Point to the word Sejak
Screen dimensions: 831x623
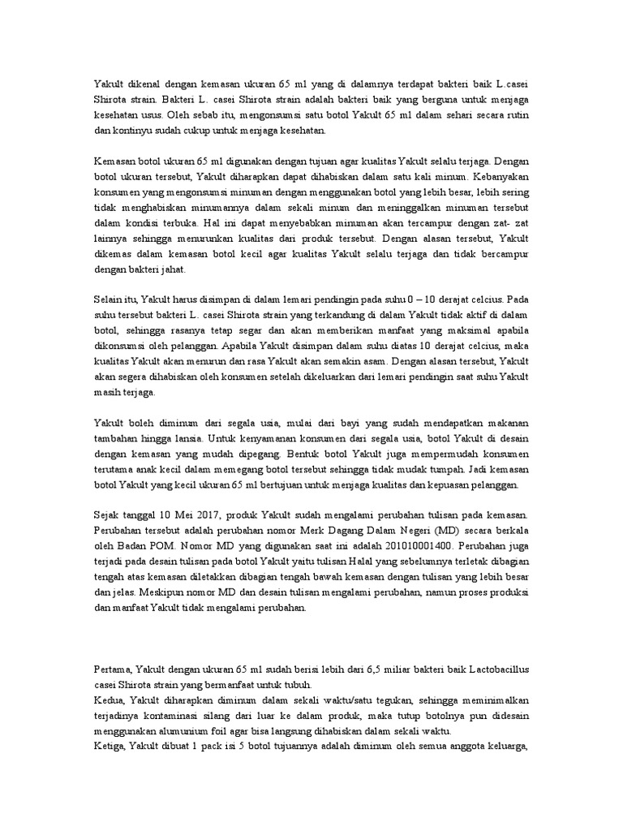[x=108, y=515]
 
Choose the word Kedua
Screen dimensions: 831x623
[x=110, y=700]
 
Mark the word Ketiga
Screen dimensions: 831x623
[x=111, y=747]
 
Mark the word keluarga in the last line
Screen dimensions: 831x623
[x=508, y=747]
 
